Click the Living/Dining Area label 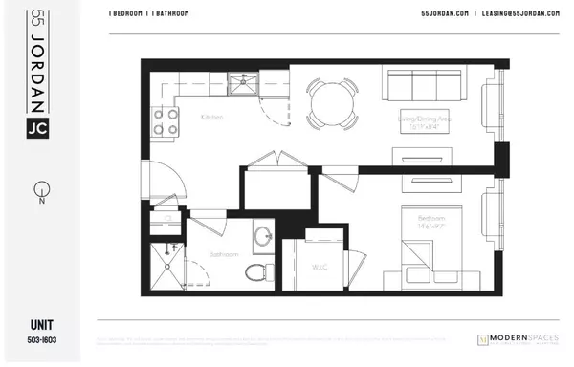[x=430, y=119]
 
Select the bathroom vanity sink [x=262, y=235]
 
